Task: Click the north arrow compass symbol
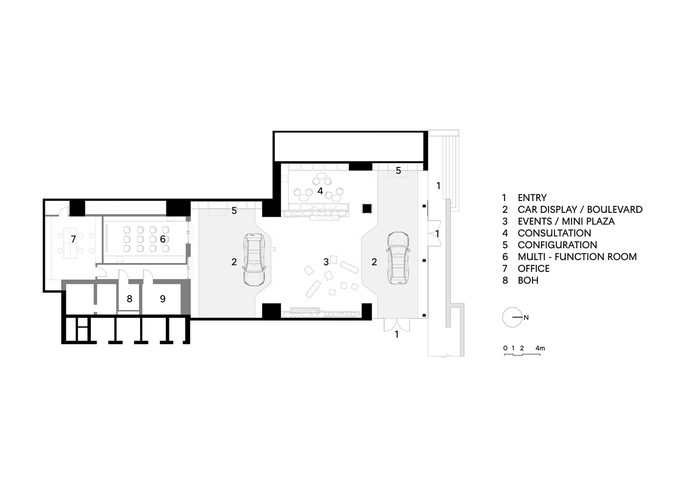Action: point(512,317)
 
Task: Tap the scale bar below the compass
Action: point(522,354)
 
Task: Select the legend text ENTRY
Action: point(532,198)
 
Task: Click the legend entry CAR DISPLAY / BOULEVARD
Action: point(580,209)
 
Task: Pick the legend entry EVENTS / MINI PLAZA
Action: point(566,221)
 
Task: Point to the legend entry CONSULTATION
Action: point(554,233)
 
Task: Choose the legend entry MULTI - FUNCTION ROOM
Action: point(577,257)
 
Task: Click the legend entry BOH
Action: point(528,281)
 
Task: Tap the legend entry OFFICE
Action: point(533,268)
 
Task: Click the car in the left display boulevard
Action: point(254,259)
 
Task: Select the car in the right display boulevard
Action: point(399,258)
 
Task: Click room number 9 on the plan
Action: point(163,299)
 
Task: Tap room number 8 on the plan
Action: point(129,299)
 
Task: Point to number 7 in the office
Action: point(73,239)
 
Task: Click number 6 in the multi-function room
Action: point(162,239)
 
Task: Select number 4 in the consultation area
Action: point(320,191)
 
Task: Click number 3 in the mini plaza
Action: point(326,262)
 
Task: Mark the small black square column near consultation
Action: point(367,208)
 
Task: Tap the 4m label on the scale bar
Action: point(540,348)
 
